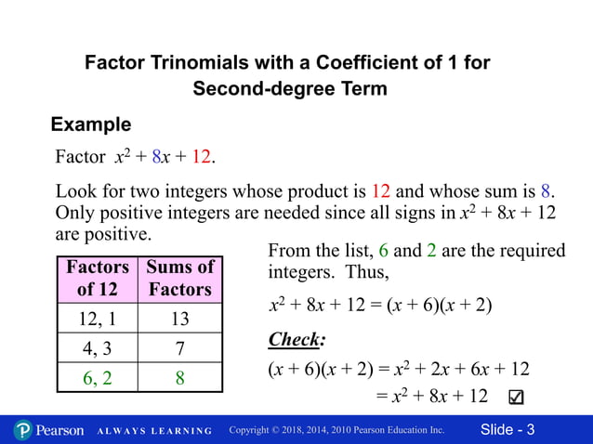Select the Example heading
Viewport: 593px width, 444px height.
click(x=91, y=124)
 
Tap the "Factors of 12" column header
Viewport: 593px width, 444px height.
click(x=98, y=278)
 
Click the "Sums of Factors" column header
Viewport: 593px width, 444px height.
click(x=180, y=278)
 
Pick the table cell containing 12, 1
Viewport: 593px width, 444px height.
click(x=98, y=319)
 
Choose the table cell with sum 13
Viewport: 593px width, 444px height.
click(x=180, y=319)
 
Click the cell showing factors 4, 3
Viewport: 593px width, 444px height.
click(x=98, y=347)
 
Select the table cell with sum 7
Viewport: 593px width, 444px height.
click(x=180, y=347)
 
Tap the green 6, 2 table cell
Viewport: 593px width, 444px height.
click(x=98, y=377)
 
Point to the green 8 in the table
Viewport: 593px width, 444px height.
click(x=180, y=377)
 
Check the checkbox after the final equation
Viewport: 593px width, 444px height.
click(x=517, y=398)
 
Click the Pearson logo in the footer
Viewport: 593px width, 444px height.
click(x=48, y=430)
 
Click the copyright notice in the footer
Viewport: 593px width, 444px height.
click(x=336, y=430)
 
